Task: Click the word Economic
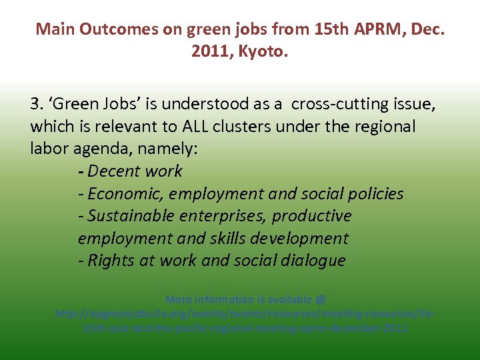[x=125, y=194]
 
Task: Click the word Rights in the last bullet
[x=111, y=261]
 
